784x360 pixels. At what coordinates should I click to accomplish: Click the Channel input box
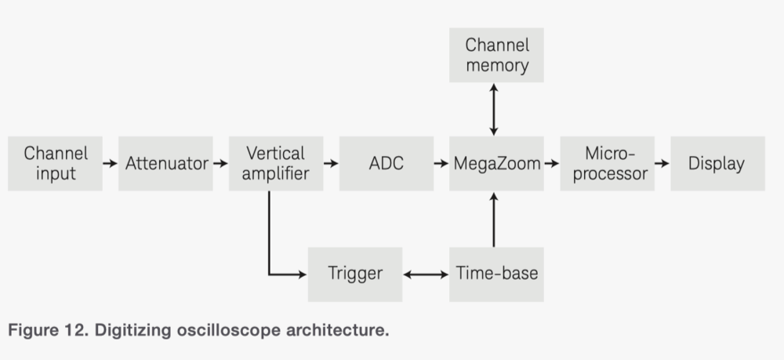(x=55, y=163)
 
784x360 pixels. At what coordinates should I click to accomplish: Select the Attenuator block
(x=165, y=163)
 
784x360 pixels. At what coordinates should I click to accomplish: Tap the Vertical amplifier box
(x=275, y=163)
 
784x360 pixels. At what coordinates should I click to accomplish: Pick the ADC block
(x=386, y=163)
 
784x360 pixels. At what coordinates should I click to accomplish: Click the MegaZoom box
(x=496, y=163)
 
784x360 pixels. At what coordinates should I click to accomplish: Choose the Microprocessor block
(x=607, y=163)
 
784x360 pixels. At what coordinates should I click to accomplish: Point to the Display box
(x=717, y=163)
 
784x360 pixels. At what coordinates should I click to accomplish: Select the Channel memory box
(x=496, y=55)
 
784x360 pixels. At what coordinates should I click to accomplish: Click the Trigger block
(x=354, y=274)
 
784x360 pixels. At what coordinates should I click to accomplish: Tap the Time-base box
(x=496, y=274)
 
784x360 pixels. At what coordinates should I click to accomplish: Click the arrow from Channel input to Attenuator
(x=110, y=163)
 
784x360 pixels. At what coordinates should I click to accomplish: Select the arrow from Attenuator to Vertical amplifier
(x=220, y=163)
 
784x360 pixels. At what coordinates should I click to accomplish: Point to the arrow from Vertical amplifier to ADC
(x=331, y=163)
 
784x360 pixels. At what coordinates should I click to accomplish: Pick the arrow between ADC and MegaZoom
(x=441, y=163)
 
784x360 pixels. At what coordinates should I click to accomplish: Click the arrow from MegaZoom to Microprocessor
(x=551, y=163)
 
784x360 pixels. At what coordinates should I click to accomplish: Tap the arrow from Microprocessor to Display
(x=662, y=163)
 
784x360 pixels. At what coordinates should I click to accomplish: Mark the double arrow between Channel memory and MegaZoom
(x=493, y=109)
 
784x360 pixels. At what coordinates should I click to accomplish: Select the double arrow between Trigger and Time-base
(x=425, y=274)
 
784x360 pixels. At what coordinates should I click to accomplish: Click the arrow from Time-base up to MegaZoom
(x=493, y=220)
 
